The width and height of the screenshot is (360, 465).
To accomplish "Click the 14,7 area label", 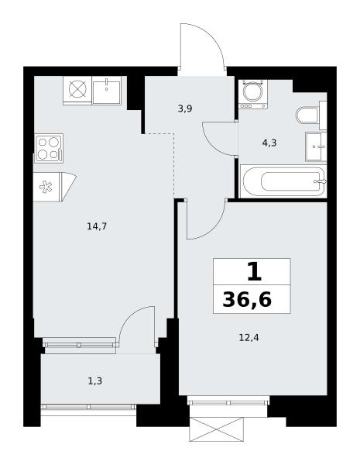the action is click(x=97, y=226).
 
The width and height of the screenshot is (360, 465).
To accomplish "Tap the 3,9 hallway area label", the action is click(x=185, y=108).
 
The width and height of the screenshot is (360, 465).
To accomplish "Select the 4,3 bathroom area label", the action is click(x=269, y=143).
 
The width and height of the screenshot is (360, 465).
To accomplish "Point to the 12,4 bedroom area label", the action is click(x=249, y=337).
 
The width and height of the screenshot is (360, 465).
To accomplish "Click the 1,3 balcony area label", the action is click(x=95, y=381).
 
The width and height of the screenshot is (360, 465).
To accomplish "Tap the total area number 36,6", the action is click(x=247, y=299).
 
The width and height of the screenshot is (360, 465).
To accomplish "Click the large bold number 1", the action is click(x=254, y=272).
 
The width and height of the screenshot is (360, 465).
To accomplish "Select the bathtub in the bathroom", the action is click(x=283, y=181).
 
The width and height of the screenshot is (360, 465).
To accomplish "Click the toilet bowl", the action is click(x=307, y=115).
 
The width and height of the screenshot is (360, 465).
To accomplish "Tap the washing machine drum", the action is click(x=253, y=91).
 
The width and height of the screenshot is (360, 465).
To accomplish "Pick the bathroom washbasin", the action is click(x=316, y=146).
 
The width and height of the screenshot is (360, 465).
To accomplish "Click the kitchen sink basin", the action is click(x=106, y=92).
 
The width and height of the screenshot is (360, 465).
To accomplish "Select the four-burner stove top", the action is click(x=49, y=148).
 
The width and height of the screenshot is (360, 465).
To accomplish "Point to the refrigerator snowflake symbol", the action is click(x=46, y=187).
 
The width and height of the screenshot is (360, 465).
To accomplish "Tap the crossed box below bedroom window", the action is click(x=217, y=429).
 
